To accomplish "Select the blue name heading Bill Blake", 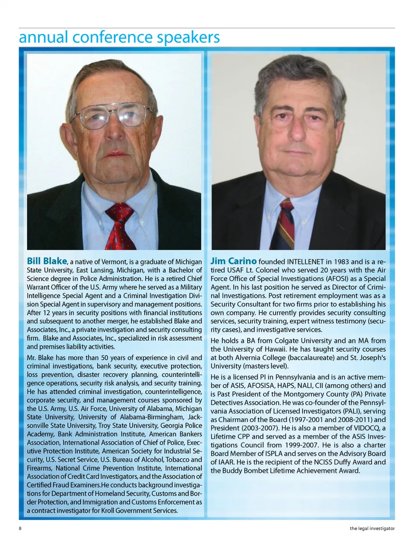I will point(47,261).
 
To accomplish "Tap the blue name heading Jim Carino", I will point(233,261).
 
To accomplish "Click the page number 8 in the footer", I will point(20,528).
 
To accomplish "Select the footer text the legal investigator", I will point(372,528).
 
